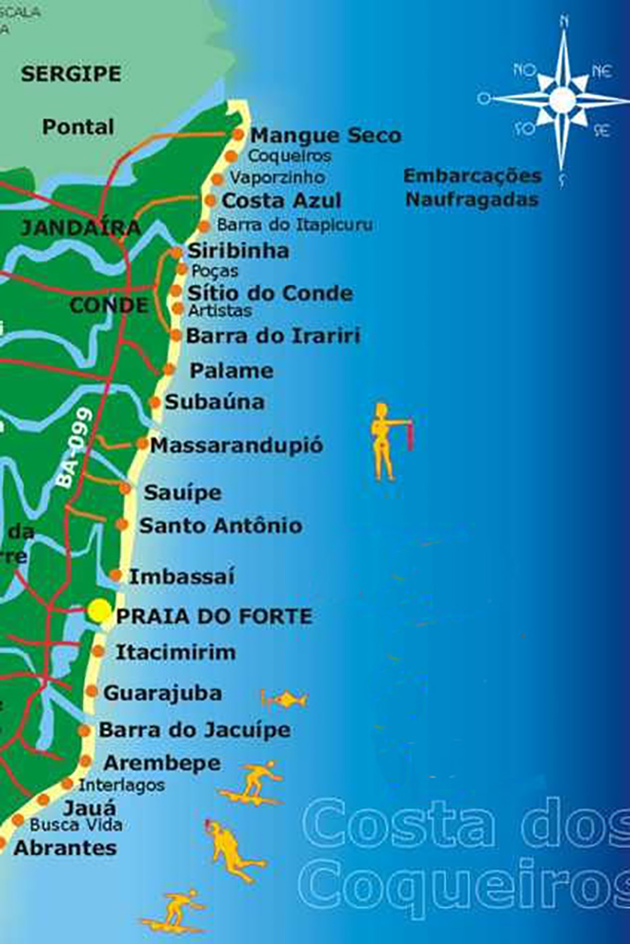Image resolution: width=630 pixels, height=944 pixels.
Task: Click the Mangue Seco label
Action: pyautogui.click(x=326, y=136)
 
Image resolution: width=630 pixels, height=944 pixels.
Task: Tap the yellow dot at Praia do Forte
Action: pyautogui.click(x=99, y=611)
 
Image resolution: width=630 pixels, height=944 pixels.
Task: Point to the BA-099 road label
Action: pyautogui.click(x=75, y=447)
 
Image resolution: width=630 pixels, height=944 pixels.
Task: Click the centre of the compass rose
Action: pyautogui.click(x=563, y=98)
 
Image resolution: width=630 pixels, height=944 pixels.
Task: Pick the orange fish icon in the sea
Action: pyautogui.click(x=283, y=700)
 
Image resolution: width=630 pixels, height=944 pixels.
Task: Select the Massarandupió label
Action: pyautogui.click(x=237, y=445)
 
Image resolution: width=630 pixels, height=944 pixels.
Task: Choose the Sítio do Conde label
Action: pyautogui.click(x=270, y=294)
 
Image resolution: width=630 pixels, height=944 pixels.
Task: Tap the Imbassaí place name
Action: pyautogui.click(x=181, y=576)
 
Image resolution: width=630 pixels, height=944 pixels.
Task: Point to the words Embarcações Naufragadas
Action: pyautogui.click(x=472, y=187)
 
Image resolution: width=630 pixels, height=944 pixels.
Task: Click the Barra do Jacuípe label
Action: pyautogui.click(x=195, y=730)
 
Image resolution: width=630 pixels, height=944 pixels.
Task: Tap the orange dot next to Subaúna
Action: pyautogui.click(x=155, y=402)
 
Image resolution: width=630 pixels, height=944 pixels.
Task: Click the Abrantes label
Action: pyautogui.click(x=65, y=848)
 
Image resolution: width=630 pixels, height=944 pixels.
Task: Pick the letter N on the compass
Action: pyautogui.click(x=564, y=18)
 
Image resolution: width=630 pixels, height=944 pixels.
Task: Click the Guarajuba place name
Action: pyautogui.click(x=162, y=693)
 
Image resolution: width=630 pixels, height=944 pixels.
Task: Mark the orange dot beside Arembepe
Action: pyautogui.click(x=86, y=762)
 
